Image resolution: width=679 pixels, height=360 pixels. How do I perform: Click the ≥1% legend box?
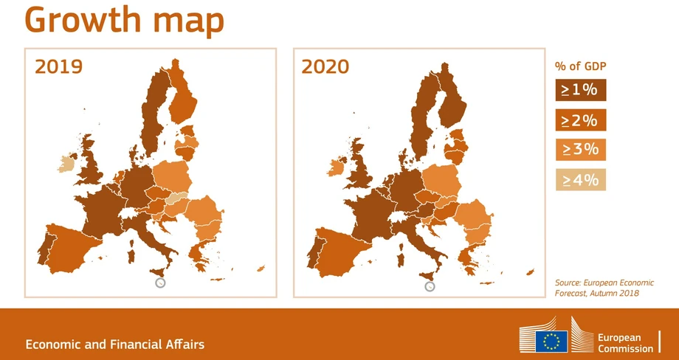click(x=581, y=90)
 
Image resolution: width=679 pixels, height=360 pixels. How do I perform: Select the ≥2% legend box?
click(x=581, y=120)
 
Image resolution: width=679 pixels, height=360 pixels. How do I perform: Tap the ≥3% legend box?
click(x=581, y=150)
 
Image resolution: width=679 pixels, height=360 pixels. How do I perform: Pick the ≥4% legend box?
click(x=581, y=179)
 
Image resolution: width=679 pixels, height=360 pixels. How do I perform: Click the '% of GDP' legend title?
click(x=580, y=66)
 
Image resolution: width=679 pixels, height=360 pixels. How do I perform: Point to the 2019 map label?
click(x=58, y=66)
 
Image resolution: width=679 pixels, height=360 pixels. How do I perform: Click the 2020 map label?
click(x=325, y=66)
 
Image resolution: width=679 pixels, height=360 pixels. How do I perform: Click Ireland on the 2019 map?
click(x=66, y=164)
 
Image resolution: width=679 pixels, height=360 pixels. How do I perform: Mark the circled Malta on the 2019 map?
click(x=160, y=283)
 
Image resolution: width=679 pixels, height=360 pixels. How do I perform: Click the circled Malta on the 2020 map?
click(x=430, y=286)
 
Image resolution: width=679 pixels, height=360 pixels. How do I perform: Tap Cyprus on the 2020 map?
click(x=530, y=272)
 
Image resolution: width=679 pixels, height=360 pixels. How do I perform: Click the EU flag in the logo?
click(x=551, y=341)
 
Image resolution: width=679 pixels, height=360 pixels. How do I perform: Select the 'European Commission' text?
click(x=625, y=343)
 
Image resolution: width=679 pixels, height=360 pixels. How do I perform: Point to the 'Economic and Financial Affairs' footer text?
click(x=114, y=345)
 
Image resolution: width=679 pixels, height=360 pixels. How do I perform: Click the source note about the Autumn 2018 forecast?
click(x=604, y=288)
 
